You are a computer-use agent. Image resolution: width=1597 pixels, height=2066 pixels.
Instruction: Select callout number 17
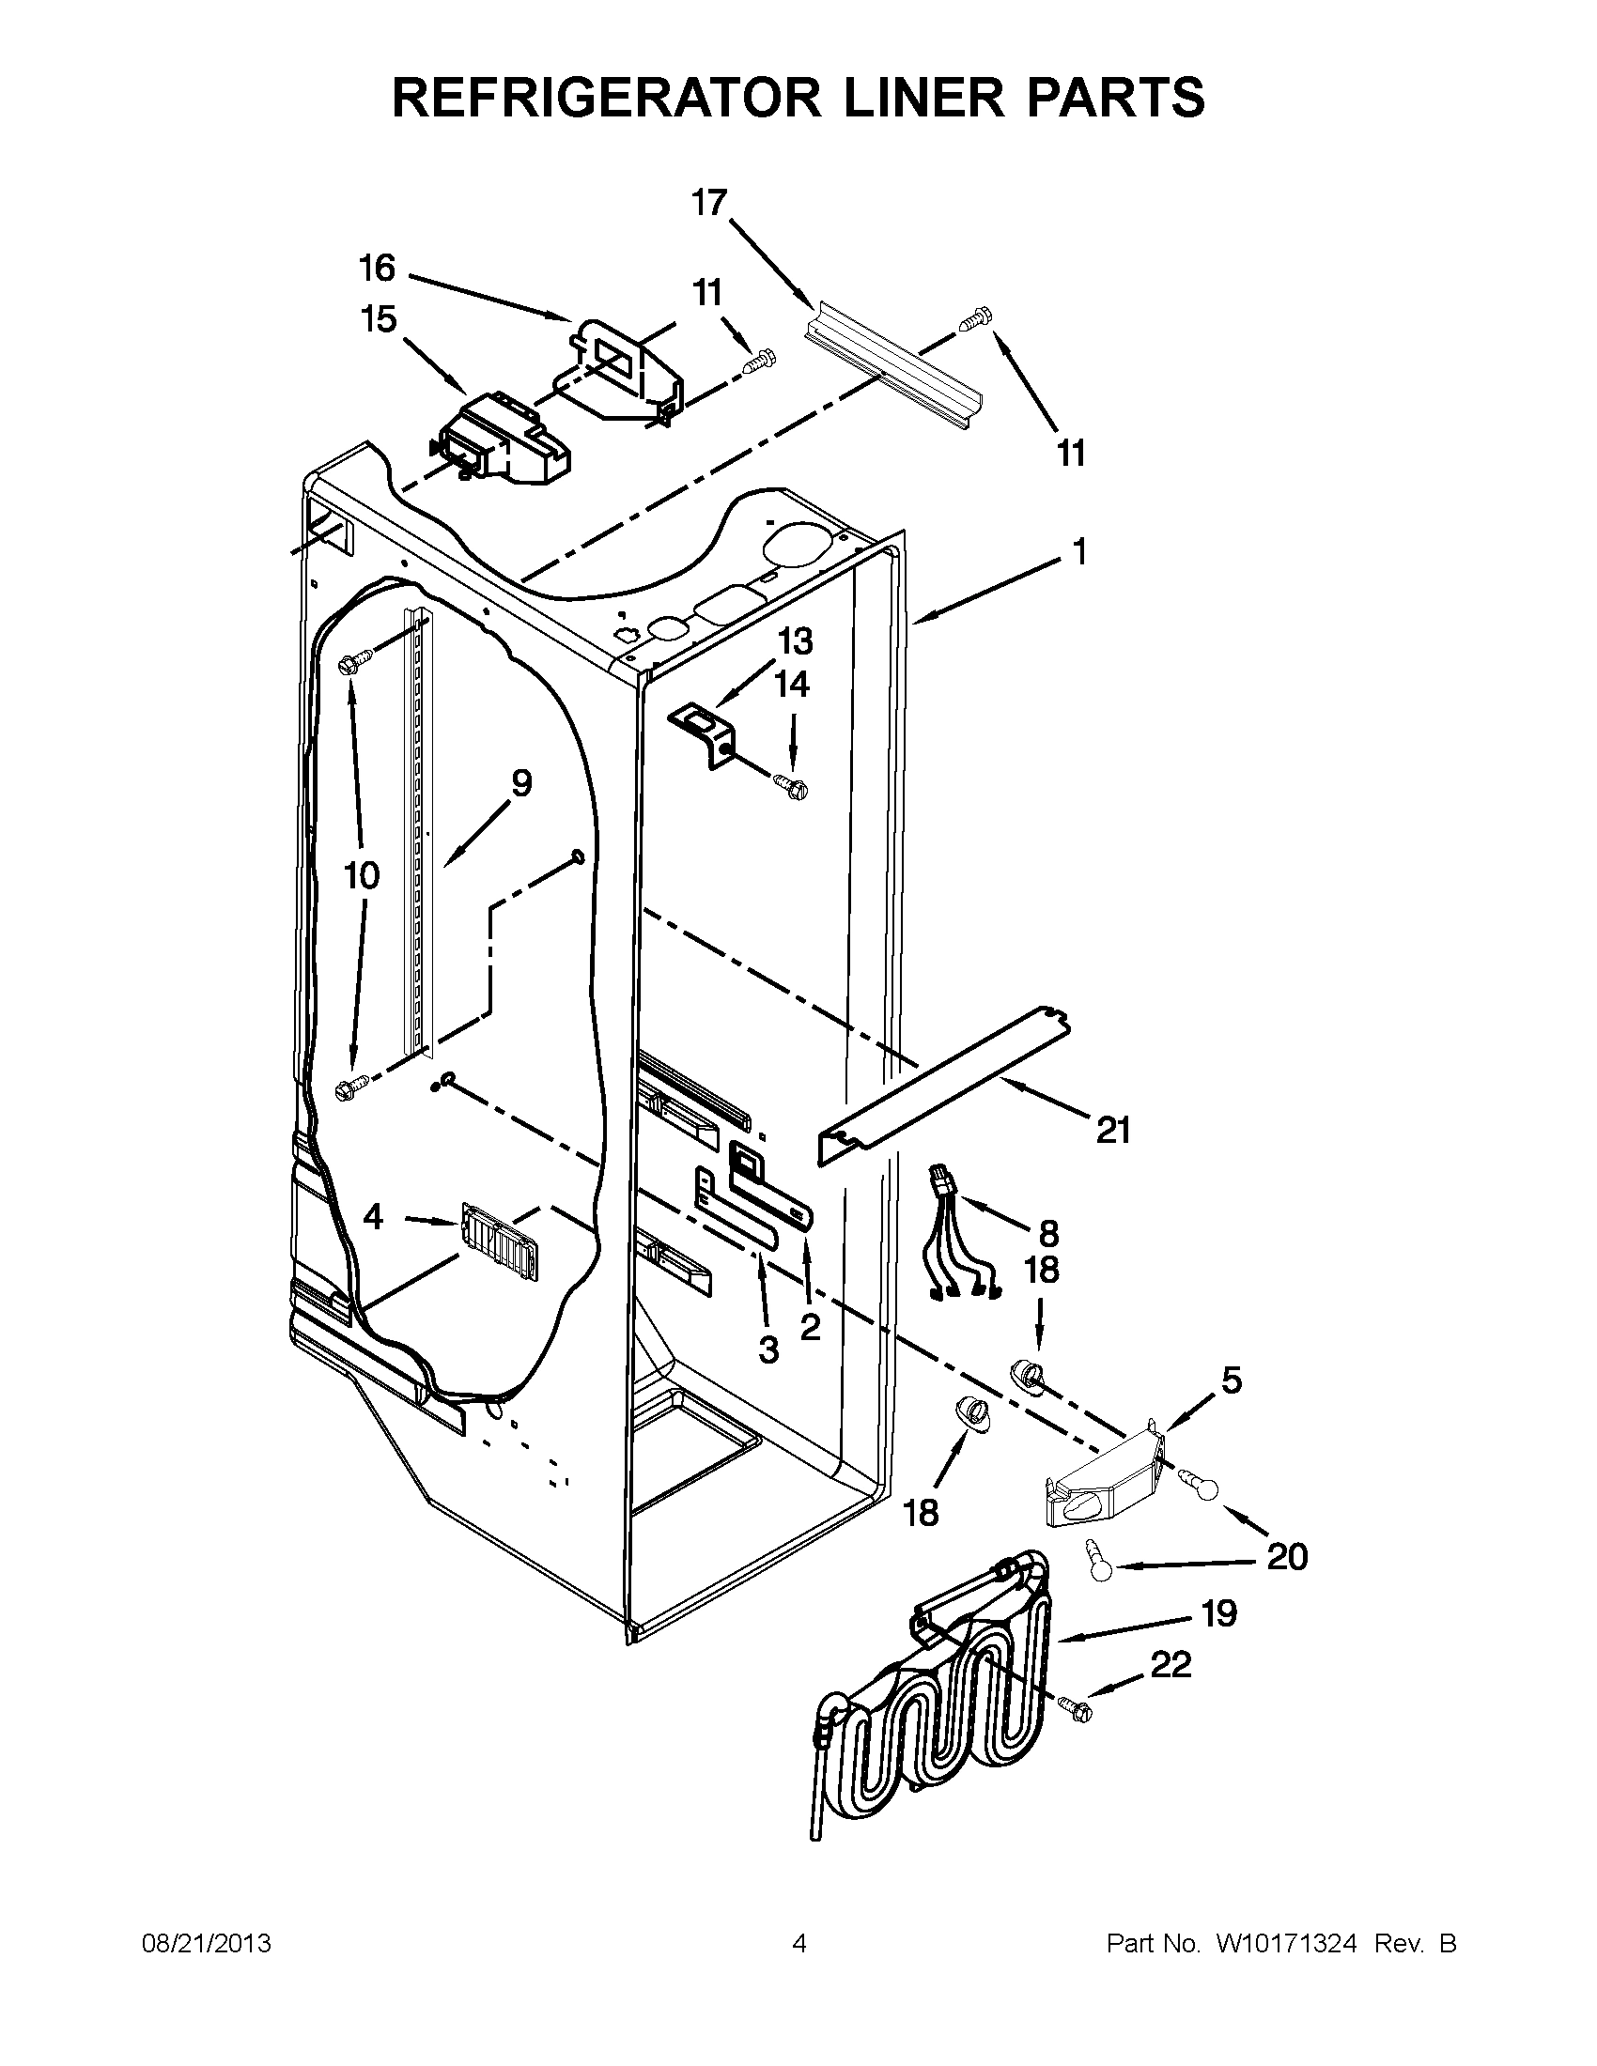pos(708,204)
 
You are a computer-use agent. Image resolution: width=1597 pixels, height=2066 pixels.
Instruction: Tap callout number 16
pos(377,269)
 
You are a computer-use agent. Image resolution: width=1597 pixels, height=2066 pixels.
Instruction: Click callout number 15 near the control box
pos(379,319)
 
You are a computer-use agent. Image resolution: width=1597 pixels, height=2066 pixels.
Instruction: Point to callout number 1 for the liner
pos(1079,551)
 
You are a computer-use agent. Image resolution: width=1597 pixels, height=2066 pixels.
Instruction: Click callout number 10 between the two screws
pos(362,875)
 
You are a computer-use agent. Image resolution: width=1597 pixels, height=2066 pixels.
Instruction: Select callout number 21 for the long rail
pos(1113,1130)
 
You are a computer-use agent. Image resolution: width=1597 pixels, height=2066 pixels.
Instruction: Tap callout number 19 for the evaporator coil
pos(1218,1612)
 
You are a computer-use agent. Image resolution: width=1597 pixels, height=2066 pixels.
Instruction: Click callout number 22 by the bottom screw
pos(1171,1664)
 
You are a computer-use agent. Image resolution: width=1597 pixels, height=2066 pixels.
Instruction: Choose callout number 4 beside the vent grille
pos(374,1218)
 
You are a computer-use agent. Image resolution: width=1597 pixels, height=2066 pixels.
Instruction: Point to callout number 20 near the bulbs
pos(1287,1556)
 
